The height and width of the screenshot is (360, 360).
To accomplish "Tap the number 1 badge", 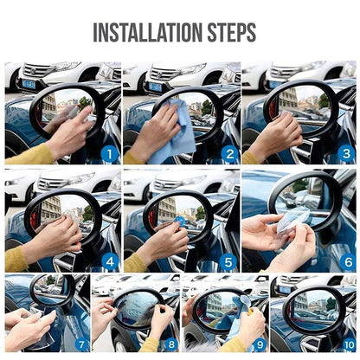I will point(108,154).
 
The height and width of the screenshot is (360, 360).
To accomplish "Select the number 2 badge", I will point(228,154).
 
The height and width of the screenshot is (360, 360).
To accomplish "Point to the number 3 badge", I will point(345,154).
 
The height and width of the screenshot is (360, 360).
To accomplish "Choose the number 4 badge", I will point(108,260).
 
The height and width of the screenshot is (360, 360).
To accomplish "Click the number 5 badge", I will point(228,260).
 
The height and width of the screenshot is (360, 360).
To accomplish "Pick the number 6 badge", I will point(345,260).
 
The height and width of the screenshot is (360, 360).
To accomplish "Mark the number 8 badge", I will point(170,344).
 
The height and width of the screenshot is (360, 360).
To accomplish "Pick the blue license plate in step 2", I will point(154,87).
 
